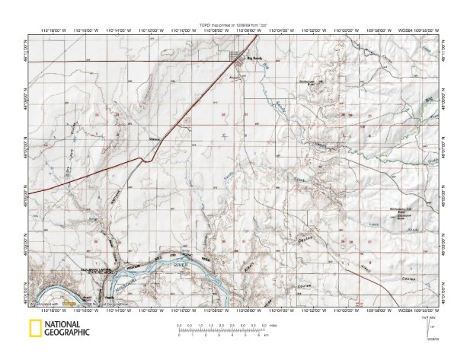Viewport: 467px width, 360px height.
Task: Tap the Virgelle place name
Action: click(155, 139)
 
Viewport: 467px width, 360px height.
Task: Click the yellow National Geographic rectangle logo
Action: click(34, 329)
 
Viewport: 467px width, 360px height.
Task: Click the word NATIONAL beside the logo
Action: click(66, 324)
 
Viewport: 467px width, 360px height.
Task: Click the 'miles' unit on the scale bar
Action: click(273, 327)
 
